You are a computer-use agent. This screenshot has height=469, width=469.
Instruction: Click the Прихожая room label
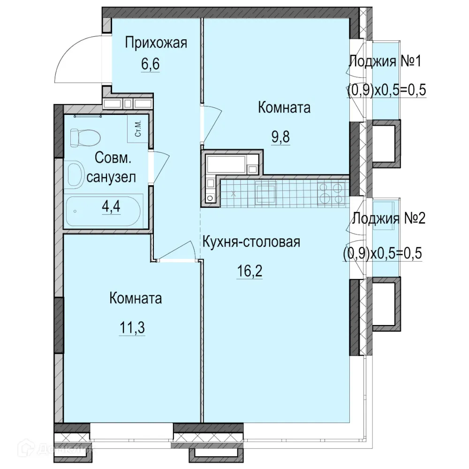pyautogui.click(x=156, y=44)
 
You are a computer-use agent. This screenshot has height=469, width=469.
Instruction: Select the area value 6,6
pyautogui.click(x=151, y=64)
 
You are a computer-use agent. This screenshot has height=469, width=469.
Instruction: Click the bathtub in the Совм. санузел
pyautogui.click(x=104, y=212)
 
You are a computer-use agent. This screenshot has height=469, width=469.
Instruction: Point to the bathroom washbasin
pyautogui.click(x=75, y=174)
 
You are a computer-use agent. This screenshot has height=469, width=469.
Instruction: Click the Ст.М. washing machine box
pyautogui.click(x=139, y=129)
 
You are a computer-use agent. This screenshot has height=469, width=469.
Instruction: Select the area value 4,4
pyautogui.click(x=111, y=207)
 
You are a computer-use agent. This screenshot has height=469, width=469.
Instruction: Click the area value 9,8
pyautogui.click(x=280, y=138)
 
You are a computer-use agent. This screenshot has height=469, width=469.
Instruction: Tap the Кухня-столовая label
pyautogui.click(x=251, y=242)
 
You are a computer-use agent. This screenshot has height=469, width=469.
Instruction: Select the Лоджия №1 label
pyautogui.click(x=386, y=61)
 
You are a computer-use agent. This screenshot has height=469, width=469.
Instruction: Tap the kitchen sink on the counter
pyautogui.click(x=265, y=193)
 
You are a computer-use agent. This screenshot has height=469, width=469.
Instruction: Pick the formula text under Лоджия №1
pyautogui.click(x=386, y=90)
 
